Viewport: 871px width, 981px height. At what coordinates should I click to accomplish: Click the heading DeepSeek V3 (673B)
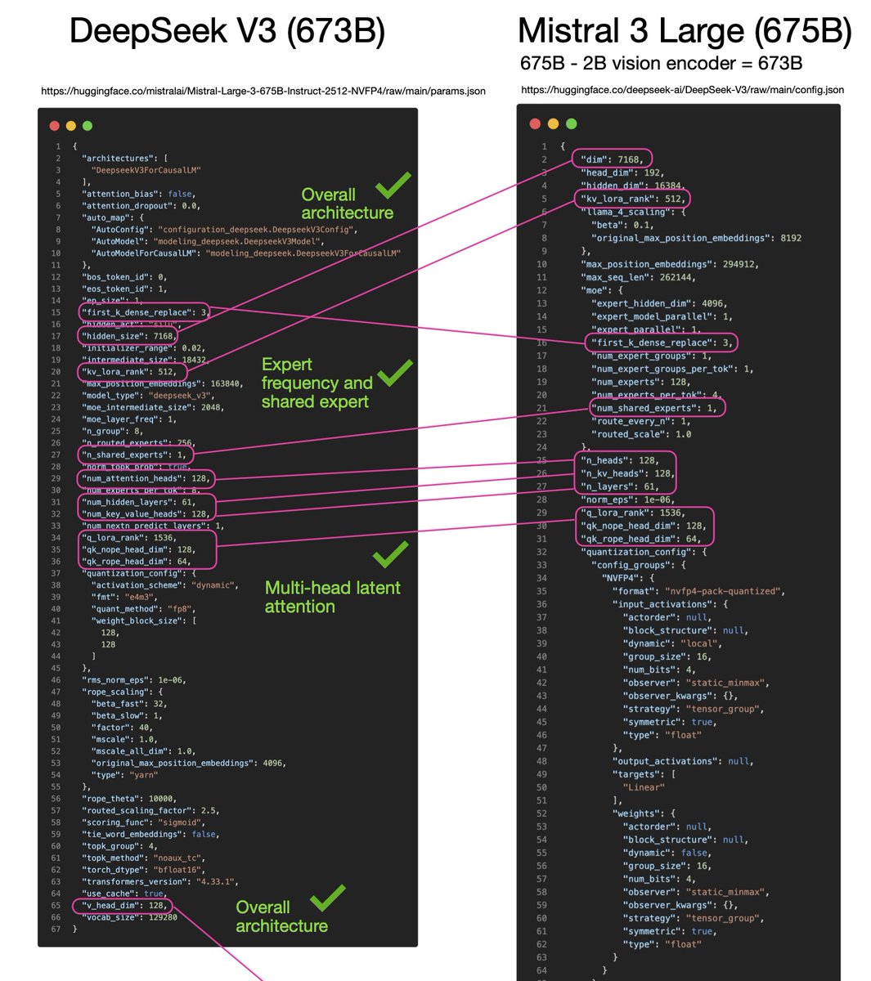[227, 31]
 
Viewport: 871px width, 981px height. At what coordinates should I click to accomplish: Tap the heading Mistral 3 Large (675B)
[685, 31]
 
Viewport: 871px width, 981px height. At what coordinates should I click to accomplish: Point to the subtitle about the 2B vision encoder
[661, 63]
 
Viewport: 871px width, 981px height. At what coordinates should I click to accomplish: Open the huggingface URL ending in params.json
[263, 91]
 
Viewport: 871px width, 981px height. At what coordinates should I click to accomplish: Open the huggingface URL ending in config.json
[682, 90]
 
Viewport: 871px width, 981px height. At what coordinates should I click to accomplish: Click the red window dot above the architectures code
[55, 126]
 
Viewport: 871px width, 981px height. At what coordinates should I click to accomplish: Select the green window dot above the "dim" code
[572, 124]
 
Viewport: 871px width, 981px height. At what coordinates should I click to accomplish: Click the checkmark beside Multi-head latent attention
[390, 554]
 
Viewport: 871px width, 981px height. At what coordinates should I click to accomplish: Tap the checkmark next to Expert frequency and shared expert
[395, 372]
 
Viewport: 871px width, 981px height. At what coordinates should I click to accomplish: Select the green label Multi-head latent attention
[332, 597]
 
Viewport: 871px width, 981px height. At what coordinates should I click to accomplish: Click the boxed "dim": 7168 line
[613, 159]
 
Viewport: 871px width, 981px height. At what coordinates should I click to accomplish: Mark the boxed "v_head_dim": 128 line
[122, 906]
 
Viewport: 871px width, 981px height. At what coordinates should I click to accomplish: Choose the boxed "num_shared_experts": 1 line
[656, 408]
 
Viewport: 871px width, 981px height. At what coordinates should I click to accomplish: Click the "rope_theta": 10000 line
[129, 799]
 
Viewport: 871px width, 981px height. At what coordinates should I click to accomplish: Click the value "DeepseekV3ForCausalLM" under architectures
[146, 170]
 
